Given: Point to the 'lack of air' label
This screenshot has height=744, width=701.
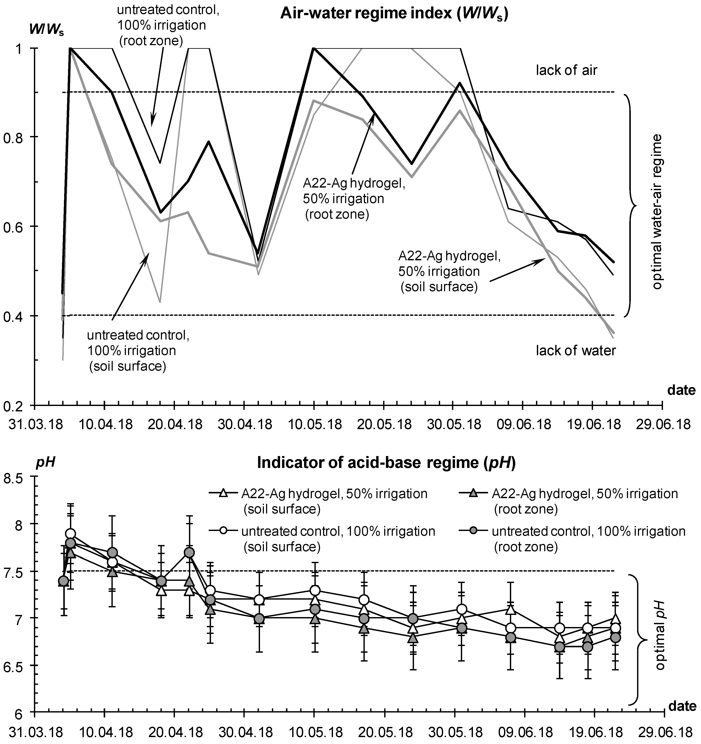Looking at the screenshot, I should click(x=566, y=70).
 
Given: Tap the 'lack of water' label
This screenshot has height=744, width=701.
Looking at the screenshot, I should click(x=576, y=351).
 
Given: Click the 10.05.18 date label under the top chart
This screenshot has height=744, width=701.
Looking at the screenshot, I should click(x=314, y=425).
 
